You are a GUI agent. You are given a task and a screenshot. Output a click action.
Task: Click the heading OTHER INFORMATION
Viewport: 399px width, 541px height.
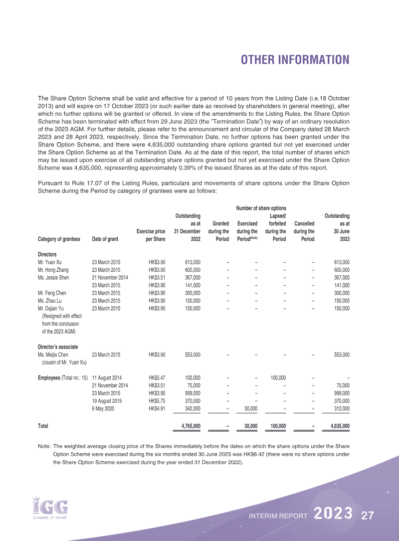point(295,60)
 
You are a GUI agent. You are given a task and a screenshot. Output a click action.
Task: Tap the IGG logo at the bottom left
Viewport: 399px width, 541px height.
point(49,507)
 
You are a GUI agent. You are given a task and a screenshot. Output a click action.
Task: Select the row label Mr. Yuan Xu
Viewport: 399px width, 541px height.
point(51,262)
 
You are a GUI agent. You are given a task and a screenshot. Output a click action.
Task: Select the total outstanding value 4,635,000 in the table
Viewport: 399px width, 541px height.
point(336,426)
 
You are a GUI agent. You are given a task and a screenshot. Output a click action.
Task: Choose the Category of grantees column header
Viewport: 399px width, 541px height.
point(59,239)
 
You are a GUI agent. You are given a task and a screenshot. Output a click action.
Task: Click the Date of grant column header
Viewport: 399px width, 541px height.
point(105,239)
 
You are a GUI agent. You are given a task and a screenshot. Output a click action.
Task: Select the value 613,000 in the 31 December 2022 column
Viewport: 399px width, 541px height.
point(193,262)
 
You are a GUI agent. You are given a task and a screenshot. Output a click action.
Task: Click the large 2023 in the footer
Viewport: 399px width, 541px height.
point(334,514)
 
